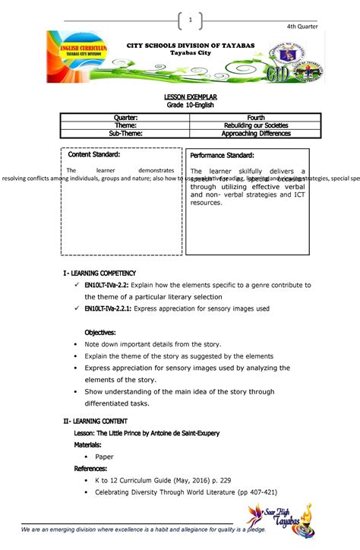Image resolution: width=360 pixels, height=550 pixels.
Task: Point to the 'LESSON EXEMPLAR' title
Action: tap(181, 97)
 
